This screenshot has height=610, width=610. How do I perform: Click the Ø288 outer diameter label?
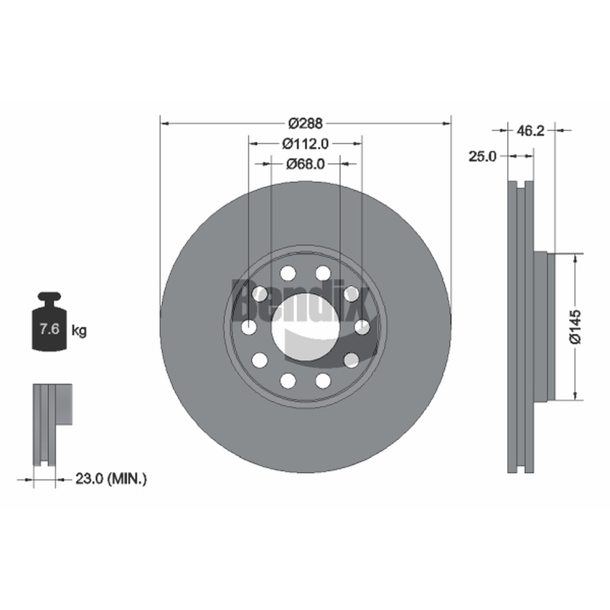306,124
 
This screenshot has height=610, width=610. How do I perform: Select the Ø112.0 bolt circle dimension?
306,144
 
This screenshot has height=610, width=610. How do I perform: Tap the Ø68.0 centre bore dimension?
306,164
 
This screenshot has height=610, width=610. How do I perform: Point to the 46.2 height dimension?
531,130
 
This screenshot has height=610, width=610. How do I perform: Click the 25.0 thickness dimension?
483,156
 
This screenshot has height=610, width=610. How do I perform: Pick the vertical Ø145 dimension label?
575,327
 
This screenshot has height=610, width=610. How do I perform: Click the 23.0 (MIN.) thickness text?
111,479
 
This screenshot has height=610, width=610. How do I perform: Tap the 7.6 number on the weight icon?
50,329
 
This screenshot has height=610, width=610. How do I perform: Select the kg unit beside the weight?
79,331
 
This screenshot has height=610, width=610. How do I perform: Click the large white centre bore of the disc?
306,327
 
